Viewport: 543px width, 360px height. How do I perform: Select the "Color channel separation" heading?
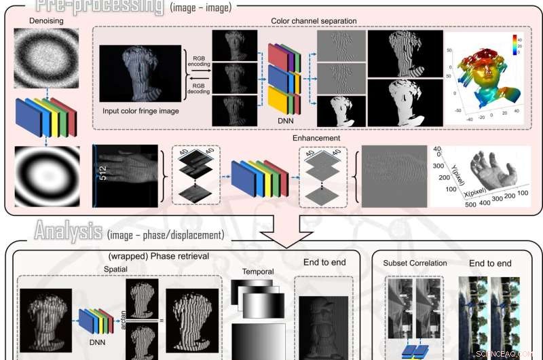[314, 21]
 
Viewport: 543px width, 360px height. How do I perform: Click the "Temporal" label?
[258, 272]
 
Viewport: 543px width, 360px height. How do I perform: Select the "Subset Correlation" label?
[415, 264]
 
